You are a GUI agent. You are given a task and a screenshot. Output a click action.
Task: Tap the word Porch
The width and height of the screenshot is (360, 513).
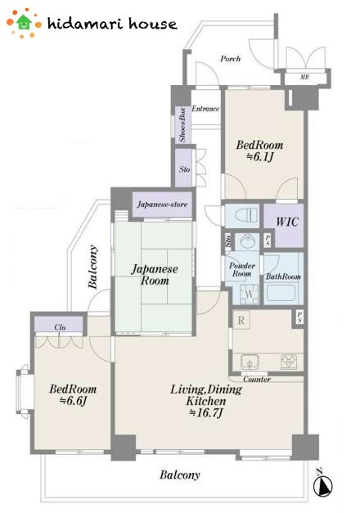tap(231, 59)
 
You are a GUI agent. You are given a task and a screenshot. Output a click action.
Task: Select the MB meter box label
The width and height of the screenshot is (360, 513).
tap(304, 77)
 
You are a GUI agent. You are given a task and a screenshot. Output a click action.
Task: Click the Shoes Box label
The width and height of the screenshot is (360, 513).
tap(182, 124)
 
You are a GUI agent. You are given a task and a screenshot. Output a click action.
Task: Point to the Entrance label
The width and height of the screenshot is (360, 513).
tap(205, 109)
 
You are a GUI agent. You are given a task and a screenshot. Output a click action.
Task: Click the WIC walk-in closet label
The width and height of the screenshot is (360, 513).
tap(287, 222)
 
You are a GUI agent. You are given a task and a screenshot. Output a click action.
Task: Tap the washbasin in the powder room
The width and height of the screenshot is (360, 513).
tap(247, 242)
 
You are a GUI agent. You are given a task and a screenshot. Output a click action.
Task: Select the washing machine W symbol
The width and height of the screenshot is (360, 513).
tap(249, 294)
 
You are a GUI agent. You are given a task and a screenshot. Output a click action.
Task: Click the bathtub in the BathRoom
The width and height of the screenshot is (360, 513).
tap(281, 292)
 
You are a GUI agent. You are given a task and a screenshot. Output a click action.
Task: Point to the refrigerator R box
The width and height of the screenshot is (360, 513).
tap(241, 320)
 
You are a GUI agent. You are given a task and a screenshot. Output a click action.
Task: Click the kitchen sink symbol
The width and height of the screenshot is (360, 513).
tap(250, 362)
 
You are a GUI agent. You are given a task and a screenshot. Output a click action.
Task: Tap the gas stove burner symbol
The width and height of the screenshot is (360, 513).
tap(289, 362)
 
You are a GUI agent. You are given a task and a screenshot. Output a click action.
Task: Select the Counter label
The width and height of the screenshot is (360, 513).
tap(257, 379)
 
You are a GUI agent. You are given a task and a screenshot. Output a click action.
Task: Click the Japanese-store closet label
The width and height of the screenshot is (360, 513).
tap(162, 205)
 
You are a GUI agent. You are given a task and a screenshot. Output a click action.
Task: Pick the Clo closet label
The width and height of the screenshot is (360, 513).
tap(60, 327)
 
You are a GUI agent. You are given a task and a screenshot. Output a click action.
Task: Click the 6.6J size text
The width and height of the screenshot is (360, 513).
tap(74, 400)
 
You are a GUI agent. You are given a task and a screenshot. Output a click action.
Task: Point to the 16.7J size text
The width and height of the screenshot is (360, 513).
tap(206, 412)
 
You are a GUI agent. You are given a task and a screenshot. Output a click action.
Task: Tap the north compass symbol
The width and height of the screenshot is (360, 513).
tap(322, 483)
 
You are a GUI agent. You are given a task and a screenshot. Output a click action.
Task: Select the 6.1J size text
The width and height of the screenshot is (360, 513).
tap(259, 157)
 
